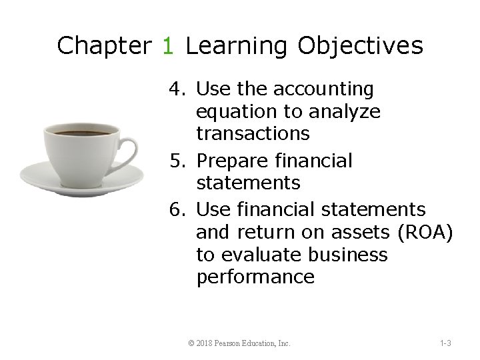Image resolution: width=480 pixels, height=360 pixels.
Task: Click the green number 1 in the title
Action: tap(169, 46)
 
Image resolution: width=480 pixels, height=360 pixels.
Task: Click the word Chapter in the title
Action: tap(104, 46)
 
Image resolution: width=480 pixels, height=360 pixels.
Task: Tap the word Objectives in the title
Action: tap(360, 46)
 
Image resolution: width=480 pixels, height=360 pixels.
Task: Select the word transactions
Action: tap(253, 133)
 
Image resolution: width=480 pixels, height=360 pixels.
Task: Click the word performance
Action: tap(255, 277)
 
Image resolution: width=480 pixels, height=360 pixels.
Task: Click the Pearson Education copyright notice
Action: tap(239, 343)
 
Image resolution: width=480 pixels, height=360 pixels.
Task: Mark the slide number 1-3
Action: tap(445, 343)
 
